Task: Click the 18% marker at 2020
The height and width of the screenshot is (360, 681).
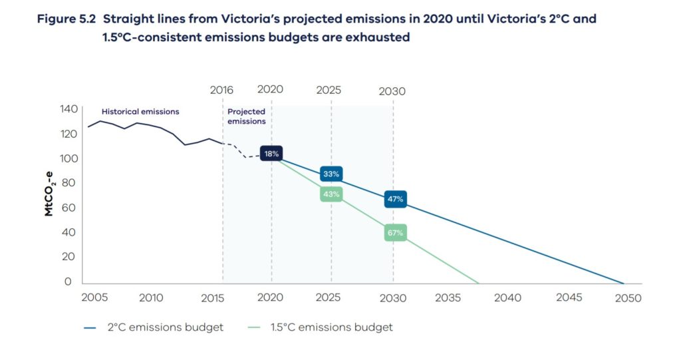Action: pos(271,154)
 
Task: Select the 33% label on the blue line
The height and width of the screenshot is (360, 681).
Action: pos(331,174)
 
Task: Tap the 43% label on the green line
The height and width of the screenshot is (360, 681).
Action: pos(331,194)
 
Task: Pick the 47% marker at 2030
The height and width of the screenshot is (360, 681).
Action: pos(395,199)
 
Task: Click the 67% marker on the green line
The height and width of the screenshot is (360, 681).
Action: pos(395,233)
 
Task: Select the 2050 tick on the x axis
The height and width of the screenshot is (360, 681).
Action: pos(628,298)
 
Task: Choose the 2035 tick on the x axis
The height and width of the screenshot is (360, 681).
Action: pos(448,298)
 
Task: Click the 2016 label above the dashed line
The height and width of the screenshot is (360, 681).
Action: pos(221,90)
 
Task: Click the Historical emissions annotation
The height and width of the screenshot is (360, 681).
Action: pos(140,112)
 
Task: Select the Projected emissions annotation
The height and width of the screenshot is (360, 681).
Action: pos(246,116)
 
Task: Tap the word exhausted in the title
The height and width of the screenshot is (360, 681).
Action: pos(377,38)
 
